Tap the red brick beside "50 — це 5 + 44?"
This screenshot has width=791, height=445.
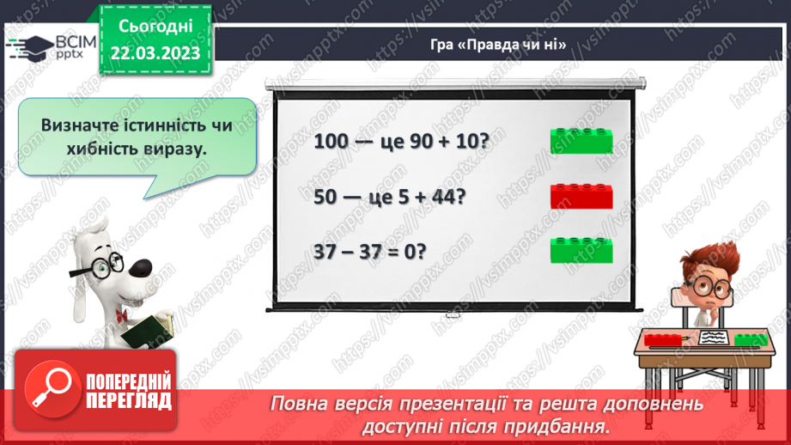[x=581, y=196]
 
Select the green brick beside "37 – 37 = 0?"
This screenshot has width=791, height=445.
[x=581, y=250]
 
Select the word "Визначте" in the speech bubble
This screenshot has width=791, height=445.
[x=81, y=125]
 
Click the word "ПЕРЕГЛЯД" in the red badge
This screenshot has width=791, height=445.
[x=127, y=400]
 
